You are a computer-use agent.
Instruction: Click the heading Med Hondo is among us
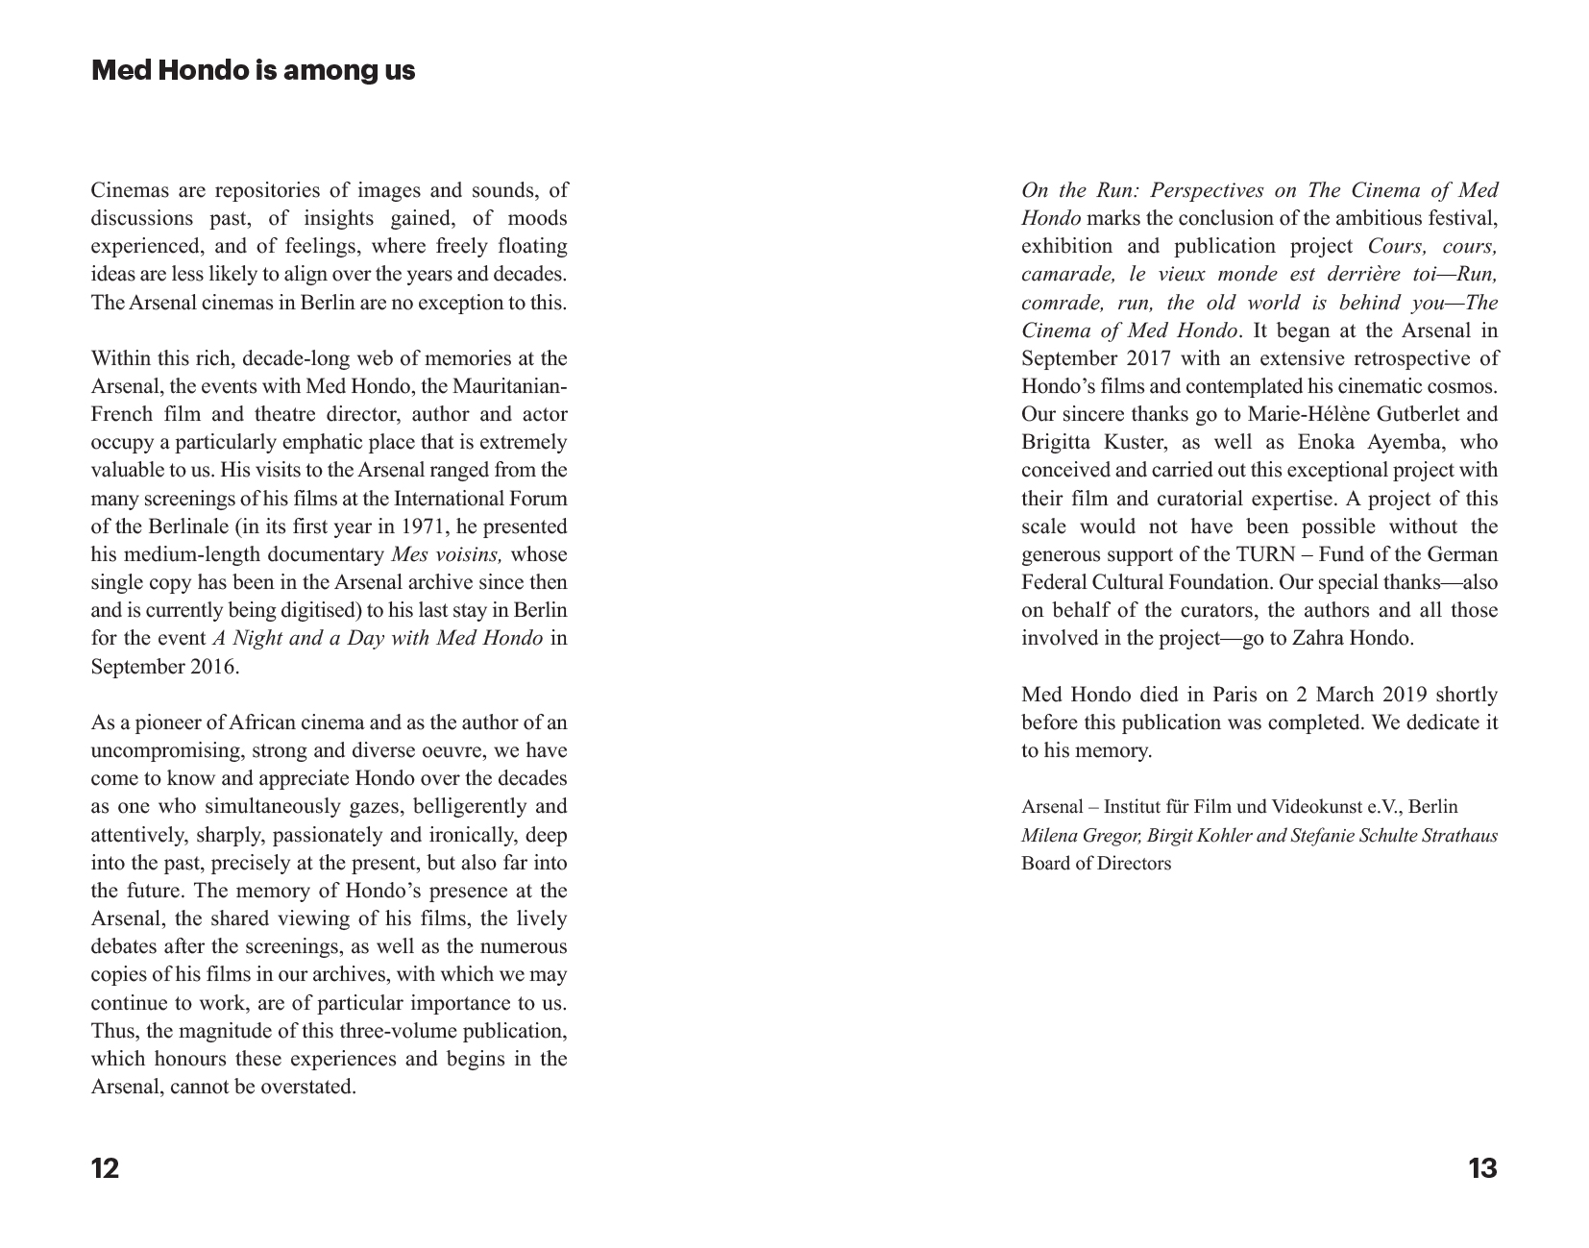coord(253,71)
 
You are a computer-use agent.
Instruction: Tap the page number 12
coord(105,1168)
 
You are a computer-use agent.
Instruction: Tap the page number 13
coord(1482,1168)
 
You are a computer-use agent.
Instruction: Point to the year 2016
coord(211,667)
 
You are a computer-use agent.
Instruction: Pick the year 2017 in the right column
coord(1146,358)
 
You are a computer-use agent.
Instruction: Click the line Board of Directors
coord(1096,863)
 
